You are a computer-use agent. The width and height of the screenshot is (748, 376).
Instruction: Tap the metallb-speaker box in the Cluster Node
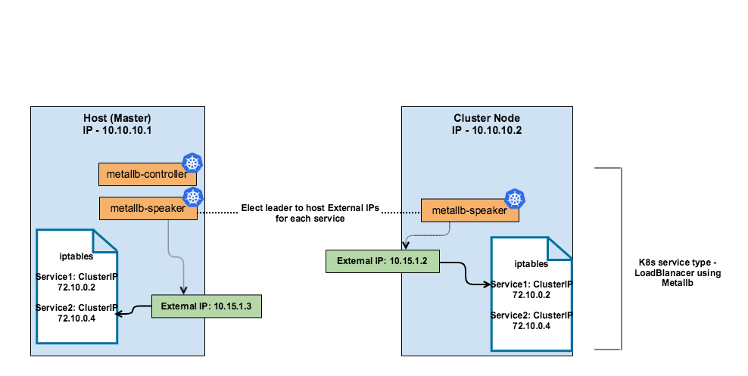click(x=469, y=211)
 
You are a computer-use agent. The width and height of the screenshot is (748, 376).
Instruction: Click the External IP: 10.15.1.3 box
click(x=205, y=306)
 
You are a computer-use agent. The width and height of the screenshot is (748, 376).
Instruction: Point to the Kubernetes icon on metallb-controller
click(x=193, y=163)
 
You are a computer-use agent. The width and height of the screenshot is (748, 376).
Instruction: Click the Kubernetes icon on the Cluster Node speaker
click(x=516, y=200)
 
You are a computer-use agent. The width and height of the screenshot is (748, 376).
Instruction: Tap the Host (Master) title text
click(x=117, y=119)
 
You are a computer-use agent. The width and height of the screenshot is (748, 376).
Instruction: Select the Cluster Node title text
click(x=487, y=119)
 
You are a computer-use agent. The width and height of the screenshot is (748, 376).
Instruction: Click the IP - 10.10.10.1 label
click(x=117, y=130)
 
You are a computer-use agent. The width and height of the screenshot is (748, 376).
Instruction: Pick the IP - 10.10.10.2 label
click(x=487, y=130)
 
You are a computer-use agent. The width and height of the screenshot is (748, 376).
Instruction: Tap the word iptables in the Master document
click(x=76, y=256)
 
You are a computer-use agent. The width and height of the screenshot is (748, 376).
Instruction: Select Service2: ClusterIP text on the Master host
click(x=76, y=308)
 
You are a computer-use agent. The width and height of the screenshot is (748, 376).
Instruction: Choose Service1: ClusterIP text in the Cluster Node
click(x=531, y=284)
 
